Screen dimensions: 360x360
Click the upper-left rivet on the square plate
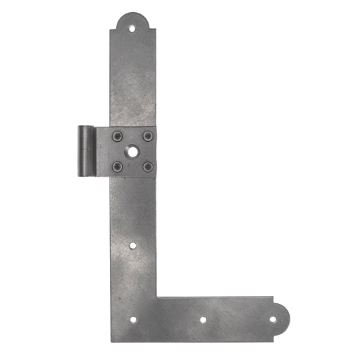pyautogui.click(x=118, y=136)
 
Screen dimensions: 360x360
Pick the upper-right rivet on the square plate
pyautogui.click(x=147, y=136)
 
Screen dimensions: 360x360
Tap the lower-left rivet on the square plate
pyautogui.click(x=118, y=164)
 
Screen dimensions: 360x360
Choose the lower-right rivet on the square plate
pyautogui.click(x=147, y=164)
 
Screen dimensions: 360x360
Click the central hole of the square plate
pyautogui.click(x=132, y=150)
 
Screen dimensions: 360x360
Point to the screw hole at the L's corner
pyautogui.click(x=132, y=320)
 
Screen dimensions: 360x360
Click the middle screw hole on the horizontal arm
pyautogui.click(x=203, y=319)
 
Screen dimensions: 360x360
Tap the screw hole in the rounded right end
pyautogui.click(x=275, y=319)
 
